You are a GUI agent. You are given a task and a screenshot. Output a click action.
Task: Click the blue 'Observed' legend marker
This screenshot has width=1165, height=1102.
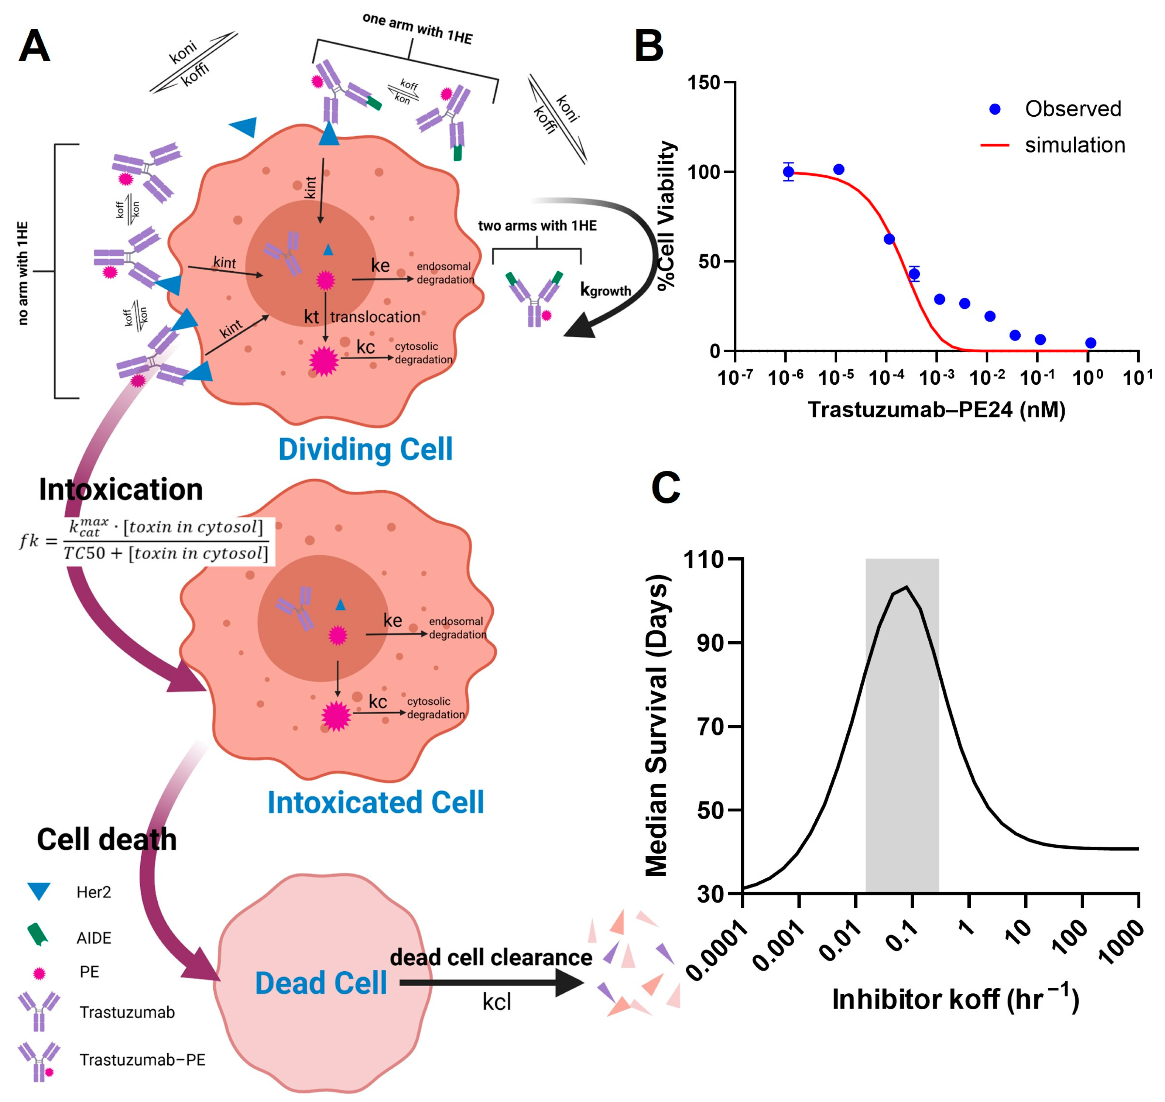click(995, 109)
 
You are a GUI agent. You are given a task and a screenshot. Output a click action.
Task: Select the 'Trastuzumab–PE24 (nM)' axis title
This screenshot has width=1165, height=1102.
click(936, 409)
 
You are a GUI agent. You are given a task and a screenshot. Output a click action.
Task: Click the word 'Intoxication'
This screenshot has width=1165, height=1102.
click(120, 489)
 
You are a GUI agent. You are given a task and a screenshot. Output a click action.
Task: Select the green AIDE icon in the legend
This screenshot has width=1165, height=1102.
click(38, 935)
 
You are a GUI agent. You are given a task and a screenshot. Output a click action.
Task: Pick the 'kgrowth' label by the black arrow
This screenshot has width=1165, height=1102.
click(605, 290)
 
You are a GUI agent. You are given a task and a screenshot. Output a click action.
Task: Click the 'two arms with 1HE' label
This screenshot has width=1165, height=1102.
click(537, 226)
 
